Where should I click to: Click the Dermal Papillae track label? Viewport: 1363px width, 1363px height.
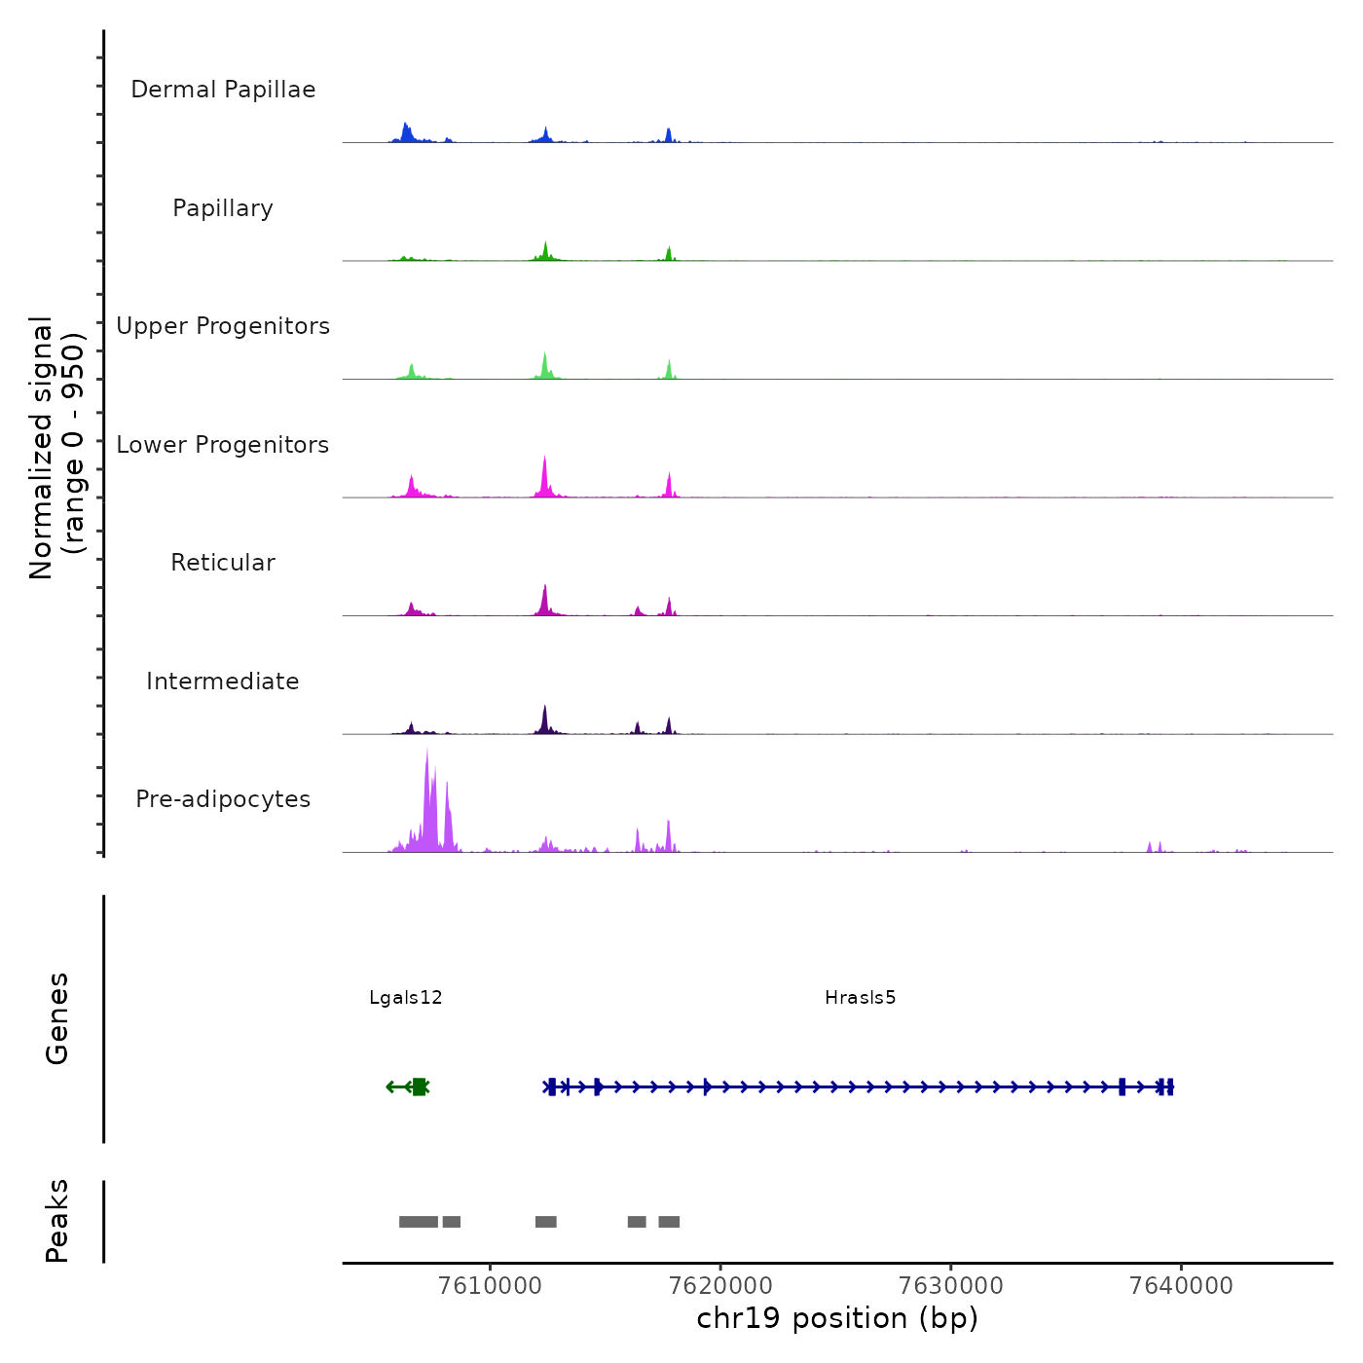click(223, 90)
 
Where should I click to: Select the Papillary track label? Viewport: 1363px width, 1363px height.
click(223, 208)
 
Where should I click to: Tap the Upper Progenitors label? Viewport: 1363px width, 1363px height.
click(223, 326)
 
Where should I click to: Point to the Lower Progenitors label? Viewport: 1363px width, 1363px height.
click(223, 445)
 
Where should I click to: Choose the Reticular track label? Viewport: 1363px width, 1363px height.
click(223, 563)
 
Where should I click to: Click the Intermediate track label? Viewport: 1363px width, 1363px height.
click(223, 681)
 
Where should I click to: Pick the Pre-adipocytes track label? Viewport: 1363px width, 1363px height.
click(223, 799)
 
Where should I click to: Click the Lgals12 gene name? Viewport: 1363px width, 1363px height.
click(406, 998)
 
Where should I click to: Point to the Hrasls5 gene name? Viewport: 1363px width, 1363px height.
click(860, 998)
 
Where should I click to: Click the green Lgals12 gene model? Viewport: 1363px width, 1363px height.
click(418, 1087)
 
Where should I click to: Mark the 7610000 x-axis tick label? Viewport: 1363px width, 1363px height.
click(490, 1285)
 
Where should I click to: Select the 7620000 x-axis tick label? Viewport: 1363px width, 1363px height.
click(720, 1285)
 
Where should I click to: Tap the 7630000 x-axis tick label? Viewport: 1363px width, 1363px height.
click(951, 1285)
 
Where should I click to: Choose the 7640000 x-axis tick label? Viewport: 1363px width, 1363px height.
click(1181, 1285)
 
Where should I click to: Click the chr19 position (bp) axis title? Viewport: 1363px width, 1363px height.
click(837, 1318)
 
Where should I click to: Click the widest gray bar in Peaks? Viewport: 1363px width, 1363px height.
click(419, 1222)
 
